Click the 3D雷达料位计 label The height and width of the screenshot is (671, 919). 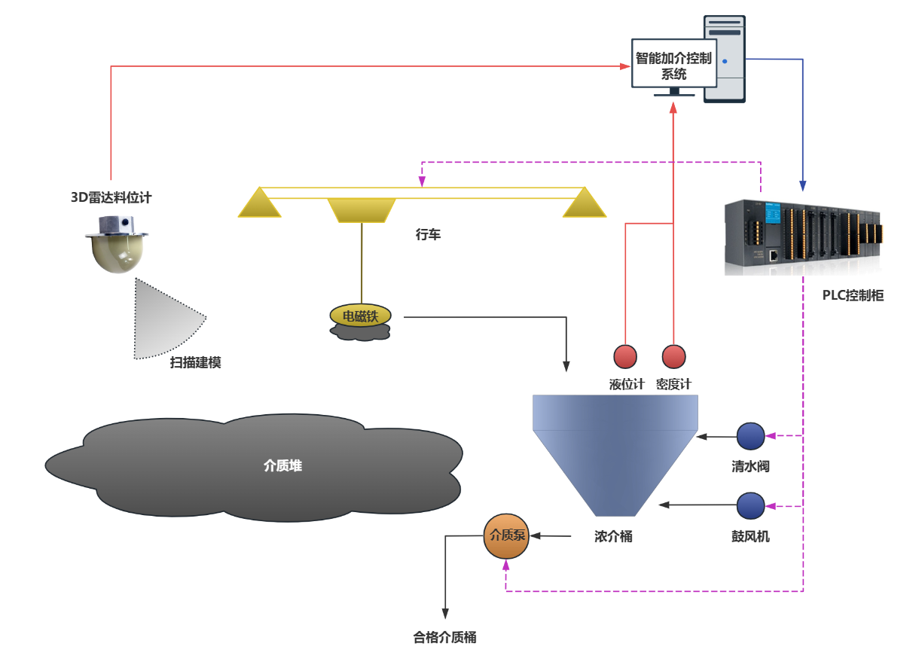tap(111, 198)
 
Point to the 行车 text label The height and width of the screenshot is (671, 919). tap(428, 235)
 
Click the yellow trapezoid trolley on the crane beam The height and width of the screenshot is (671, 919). tap(362, 210)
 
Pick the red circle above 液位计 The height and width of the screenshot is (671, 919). tap(625, 355)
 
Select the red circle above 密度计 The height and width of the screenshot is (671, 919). tap(673, 355)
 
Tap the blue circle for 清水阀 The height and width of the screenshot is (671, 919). tap(750, 435)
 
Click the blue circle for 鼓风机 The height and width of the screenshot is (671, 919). tap(750, 505)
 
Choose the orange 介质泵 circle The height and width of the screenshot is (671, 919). tap(506, 536)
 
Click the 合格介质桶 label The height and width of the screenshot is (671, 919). tap(444, 638)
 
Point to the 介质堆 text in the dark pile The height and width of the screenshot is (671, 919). tap(282, 466)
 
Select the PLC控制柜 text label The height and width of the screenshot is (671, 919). tap(853, 296)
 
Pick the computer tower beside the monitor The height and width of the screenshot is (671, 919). tap(725, 59)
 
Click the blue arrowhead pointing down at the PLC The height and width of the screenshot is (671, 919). tap(803, 186)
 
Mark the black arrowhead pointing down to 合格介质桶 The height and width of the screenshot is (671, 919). tap(445, 614)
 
